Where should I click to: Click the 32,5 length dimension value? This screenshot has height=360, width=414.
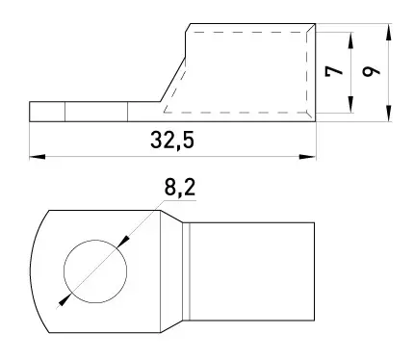(172, 141)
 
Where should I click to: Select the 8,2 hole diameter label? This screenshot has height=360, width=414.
(180, 187)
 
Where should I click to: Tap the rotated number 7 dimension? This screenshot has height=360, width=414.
(334, 71)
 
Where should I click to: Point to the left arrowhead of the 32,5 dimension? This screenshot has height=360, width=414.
(37, 157)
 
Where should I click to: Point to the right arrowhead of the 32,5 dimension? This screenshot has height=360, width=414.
(307, 157)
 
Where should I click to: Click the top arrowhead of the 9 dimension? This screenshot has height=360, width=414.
(389, 32)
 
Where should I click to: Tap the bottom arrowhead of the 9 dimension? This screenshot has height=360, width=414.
(389, 114)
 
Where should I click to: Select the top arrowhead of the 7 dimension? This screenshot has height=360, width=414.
(350, 40)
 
